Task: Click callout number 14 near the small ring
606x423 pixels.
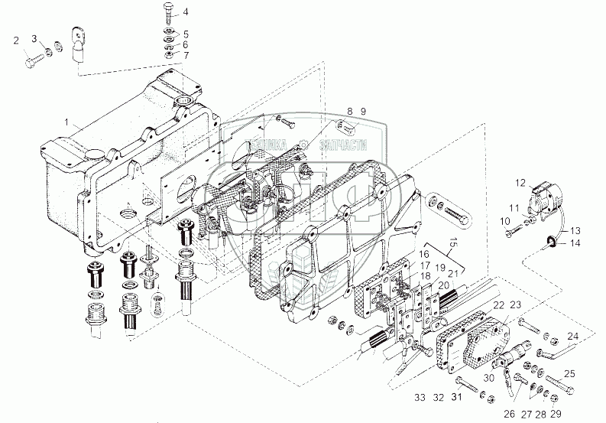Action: (575, 244)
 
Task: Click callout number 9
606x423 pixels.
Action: (363, 112)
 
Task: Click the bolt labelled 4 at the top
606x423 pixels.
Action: (167, 14)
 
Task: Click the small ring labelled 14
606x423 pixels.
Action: (549, 244)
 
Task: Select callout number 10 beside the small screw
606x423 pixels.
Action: (505, 222)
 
